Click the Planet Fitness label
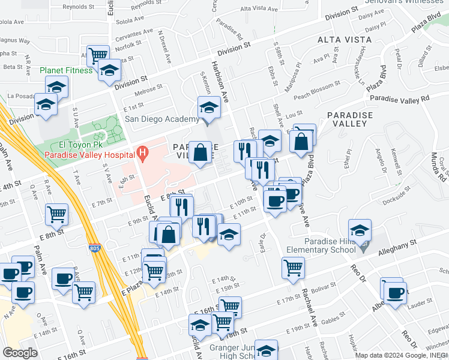tap(66, 70)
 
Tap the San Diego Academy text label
tap(161, 119)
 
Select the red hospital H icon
tap(142, 154)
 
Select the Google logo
tap(20, 352)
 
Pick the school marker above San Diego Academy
tap(209, 108)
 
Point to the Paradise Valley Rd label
tap(400, 98)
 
